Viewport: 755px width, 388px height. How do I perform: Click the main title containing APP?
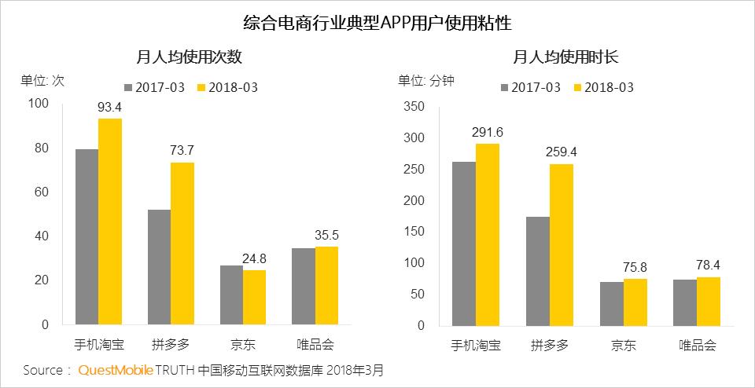(377, 21)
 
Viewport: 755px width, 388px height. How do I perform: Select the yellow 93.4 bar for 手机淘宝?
(110, 221)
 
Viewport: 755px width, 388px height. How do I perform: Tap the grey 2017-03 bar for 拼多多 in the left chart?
(159, 267)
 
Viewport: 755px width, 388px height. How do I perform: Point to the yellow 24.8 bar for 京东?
(255, 297)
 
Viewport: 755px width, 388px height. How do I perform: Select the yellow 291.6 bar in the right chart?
(486, 234)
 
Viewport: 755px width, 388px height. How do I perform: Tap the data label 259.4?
(561, 152)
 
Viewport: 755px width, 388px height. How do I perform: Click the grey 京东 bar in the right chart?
(611, 303)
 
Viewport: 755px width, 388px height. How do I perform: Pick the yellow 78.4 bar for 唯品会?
(708, 301)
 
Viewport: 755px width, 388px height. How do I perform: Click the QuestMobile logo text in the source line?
(115, 369)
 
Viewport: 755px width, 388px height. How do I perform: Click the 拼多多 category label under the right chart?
(549, 345)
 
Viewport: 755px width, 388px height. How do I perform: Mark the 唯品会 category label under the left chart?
(315, 345)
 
